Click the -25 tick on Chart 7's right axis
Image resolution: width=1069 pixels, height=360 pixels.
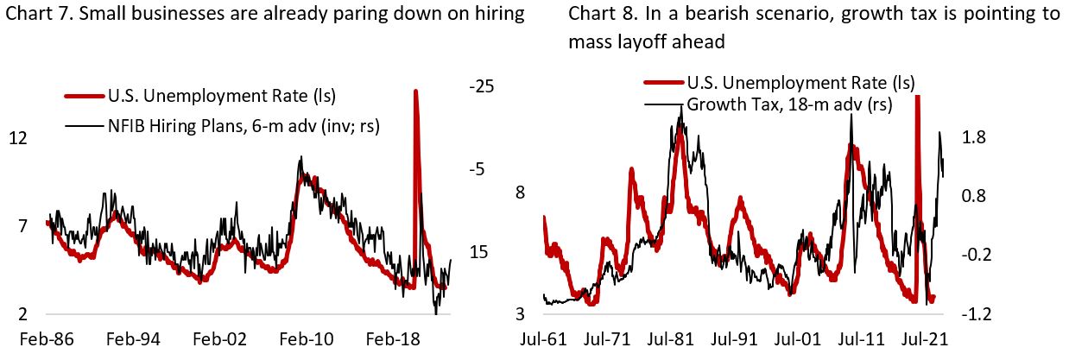(481, 87)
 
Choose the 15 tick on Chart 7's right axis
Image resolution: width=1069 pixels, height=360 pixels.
(479, 253)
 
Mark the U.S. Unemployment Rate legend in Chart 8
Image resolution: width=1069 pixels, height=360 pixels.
(800, 83)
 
